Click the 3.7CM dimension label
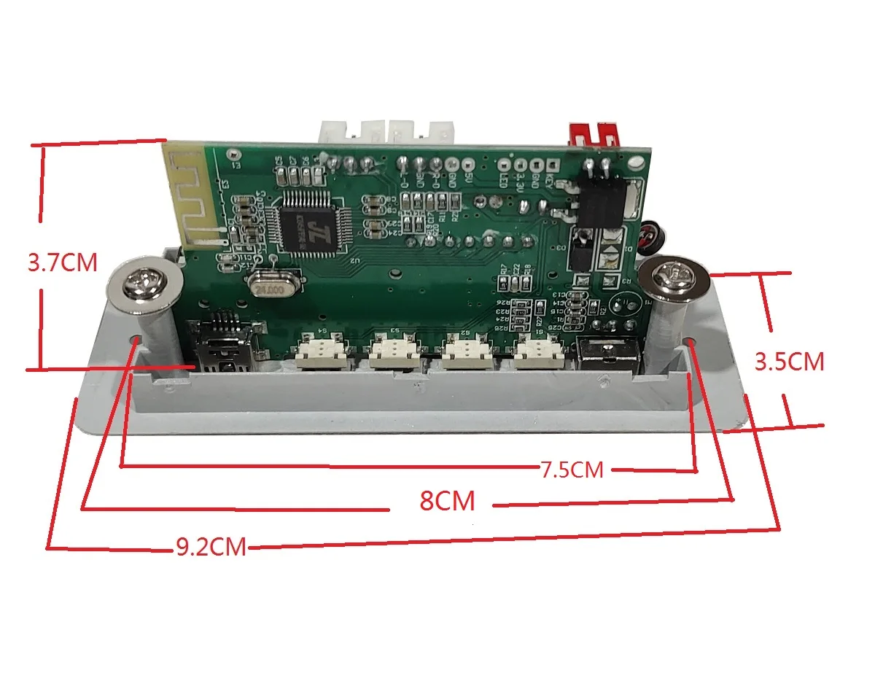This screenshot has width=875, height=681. (62, 262)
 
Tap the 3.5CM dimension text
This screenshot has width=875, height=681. (789, 362)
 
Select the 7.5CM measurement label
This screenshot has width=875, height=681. (572, 470)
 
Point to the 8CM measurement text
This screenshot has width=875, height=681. (447, 502)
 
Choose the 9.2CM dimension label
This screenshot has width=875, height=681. (211, 548)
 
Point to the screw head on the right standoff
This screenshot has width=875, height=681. (670, 277)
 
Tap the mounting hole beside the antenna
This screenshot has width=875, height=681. (233, 155)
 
